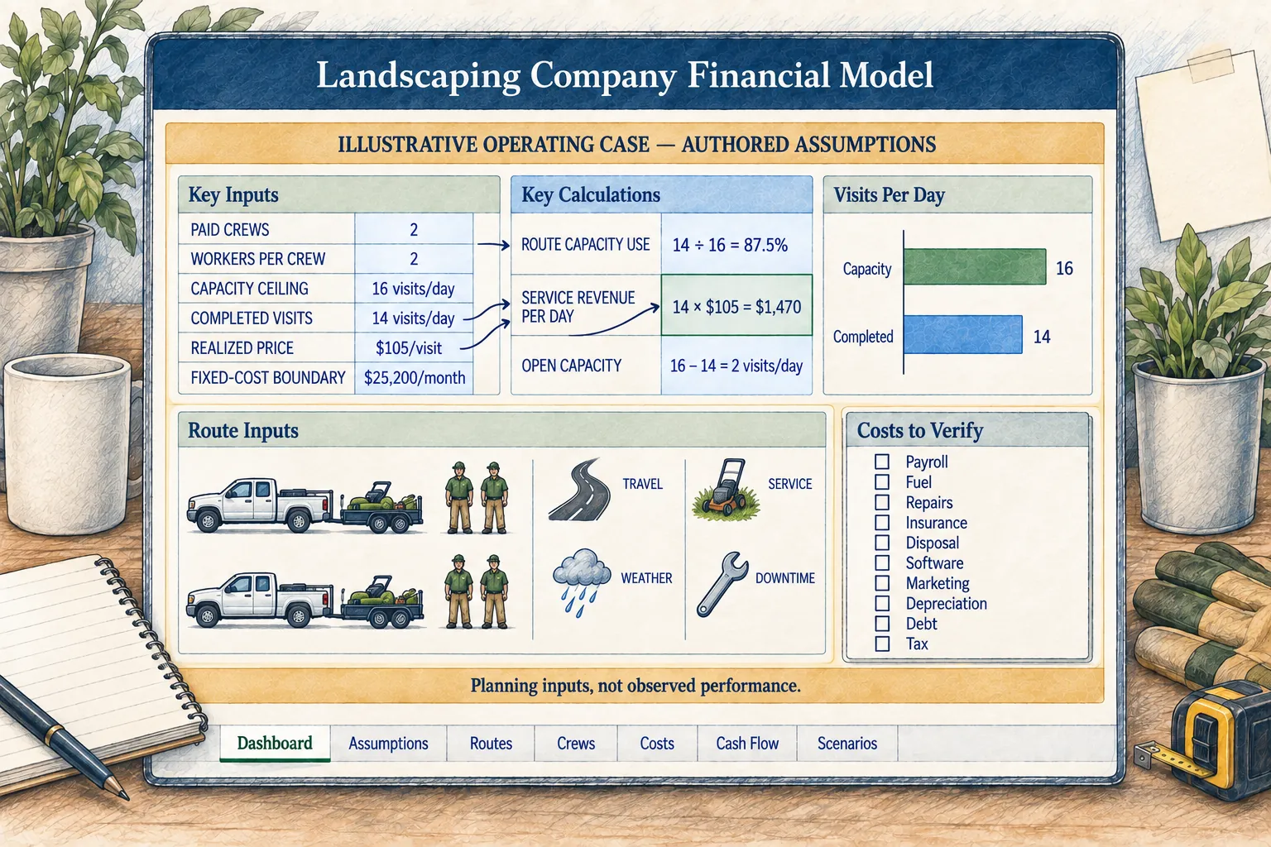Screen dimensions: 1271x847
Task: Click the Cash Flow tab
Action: click(x=746, y=743)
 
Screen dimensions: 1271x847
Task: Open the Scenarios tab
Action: click(x=847, y=743)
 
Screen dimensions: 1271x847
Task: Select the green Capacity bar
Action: click(x=975, y=266)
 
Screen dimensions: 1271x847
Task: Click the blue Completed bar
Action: click(x=963, y=335)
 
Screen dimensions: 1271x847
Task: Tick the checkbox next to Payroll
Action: click(x=882, y=462)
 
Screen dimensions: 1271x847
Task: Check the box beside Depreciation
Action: click(x=882, y=603)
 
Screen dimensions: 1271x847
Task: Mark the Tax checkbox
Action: click(x=882, y=644)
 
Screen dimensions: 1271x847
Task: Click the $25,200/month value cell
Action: click(x=415, y=378)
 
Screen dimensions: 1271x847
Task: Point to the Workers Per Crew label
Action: click(x=257, y=259)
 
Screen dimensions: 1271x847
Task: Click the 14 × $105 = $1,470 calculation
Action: click(x=736, y=306)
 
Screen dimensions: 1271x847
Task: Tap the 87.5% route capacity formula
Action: click(x=730, y=245)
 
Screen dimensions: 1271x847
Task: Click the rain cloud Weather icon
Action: click(x=582, y=581)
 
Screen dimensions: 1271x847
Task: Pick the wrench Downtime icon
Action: click(x=722, y=583)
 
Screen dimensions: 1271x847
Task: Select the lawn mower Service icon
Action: click(x=726, y=489)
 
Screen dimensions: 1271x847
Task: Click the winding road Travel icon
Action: click(x=579, y=490)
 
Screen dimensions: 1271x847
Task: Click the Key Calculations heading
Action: click(x=591, y=195)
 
